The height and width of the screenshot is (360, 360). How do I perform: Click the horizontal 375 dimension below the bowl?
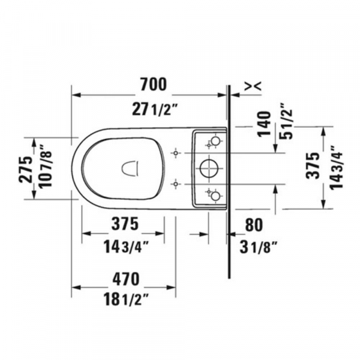pos(122,224)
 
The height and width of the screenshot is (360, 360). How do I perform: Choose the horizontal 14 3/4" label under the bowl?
pos(122,245)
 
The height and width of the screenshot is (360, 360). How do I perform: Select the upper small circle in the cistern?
pos(215,142)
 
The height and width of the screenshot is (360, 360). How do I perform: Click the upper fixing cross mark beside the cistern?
pos(175,153)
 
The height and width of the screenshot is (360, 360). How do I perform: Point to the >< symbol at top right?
pos(253,87)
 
